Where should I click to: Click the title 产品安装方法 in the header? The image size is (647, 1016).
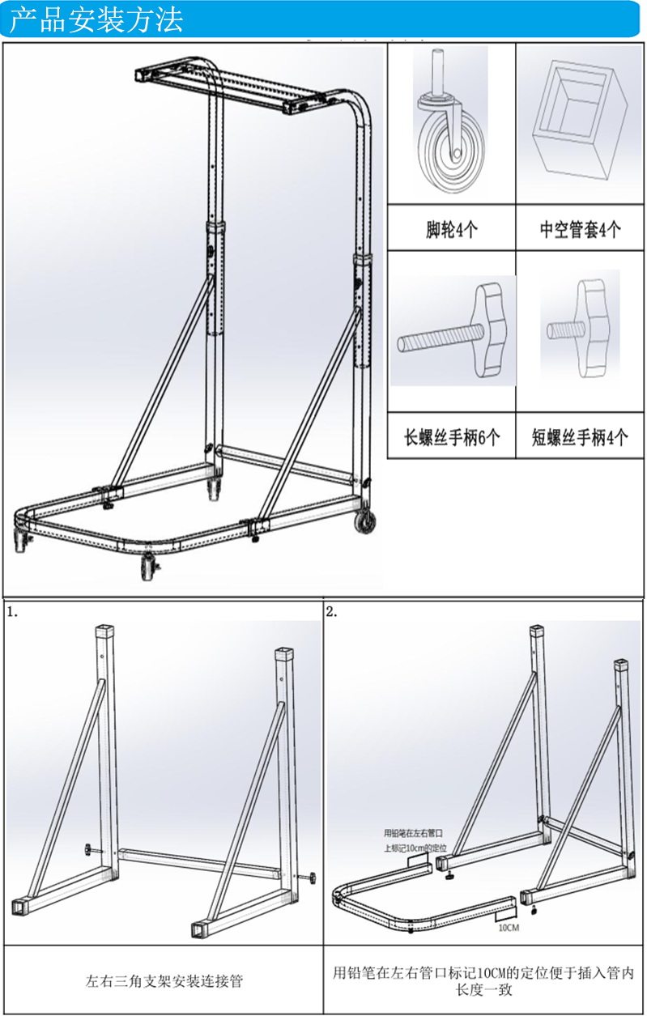pyautogui.click(x=96, y=19)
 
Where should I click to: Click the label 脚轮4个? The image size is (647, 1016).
pyautogui.click(x=452, y=229)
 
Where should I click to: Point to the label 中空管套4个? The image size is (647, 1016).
pyautogui.click(x=581, y=229)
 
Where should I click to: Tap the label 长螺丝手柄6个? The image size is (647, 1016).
pyautogui.click(x=452, y=438)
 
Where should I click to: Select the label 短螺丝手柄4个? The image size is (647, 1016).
pyautogui.click(x=581, y=438)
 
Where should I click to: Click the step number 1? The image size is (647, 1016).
pyautogui.click(x=11, y=612)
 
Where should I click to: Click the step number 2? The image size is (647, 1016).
pyautogui.click(x=331, y=612)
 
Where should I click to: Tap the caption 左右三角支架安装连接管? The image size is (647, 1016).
pyautogui.click(x=164, y=981)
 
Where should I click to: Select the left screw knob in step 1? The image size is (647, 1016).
pyautogui.click(x=87, y=849)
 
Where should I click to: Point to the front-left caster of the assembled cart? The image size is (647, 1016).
pyautogui.click(x=147, y=568)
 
